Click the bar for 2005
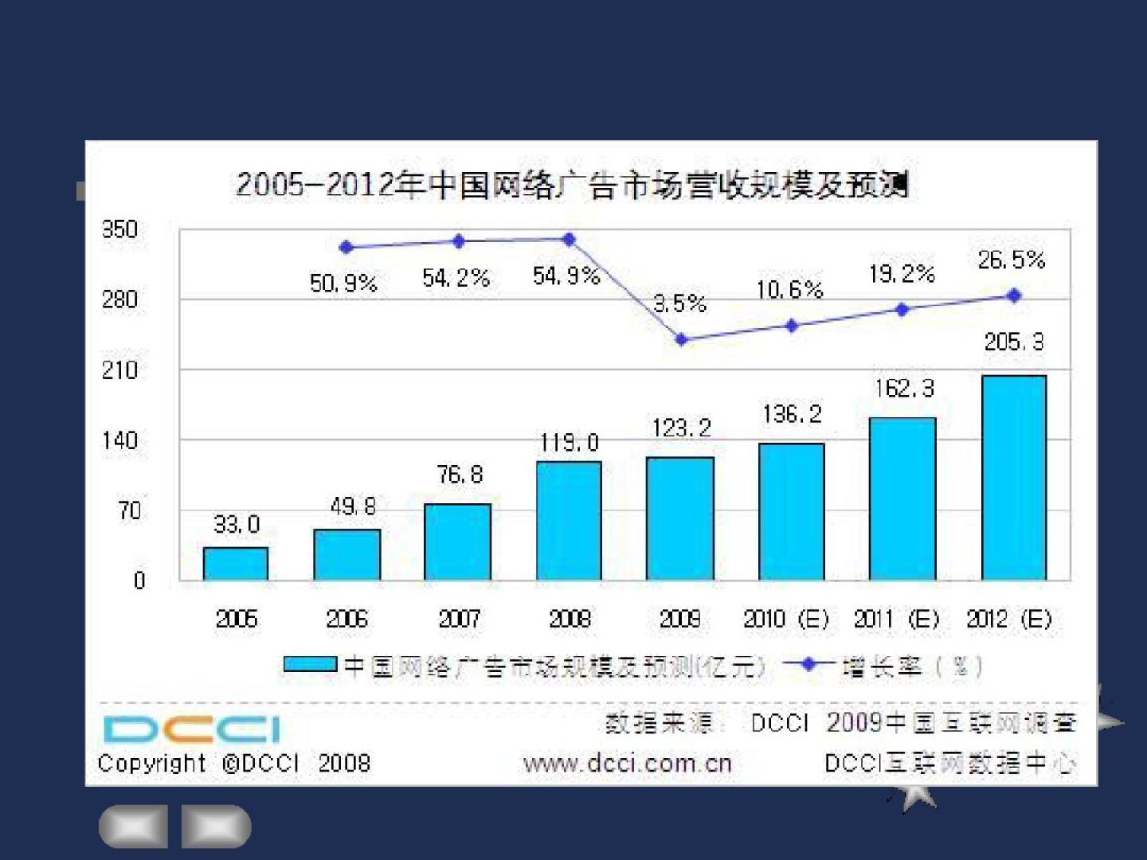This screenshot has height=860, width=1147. click(x=236, y=563)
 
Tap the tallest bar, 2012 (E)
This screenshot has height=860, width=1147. click(x=1013, y=477)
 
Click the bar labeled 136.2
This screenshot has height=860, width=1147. click(x=791, y=511)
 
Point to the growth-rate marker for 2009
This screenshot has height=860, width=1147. click(x=681, y=340)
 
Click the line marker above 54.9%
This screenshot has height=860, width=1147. click(x=569, y=239)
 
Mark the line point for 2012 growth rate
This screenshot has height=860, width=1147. click(x=1014, y=295)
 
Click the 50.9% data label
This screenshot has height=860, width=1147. click(x=343, y=283)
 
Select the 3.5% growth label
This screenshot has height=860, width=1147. click(x=680, y=303)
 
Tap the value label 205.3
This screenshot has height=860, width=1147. click(x=1014, y=342)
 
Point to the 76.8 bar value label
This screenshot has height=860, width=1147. click(x=460, y=475)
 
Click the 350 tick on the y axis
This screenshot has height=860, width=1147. click(x=119, y=230)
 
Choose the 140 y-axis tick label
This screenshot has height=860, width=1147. click(x=119, y=440)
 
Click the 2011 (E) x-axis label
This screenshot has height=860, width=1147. click(x=897, y=619)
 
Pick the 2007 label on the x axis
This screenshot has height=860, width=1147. click(x=459, y=619)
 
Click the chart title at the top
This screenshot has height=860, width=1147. click(x=572, y=186)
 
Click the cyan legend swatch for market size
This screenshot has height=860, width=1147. click(x=310, y=664)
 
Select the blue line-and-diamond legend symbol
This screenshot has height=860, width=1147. click(x=808, y=664)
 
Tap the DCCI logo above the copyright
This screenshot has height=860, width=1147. click(x=192, y=729)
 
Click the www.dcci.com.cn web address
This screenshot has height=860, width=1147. click(x=627, y=763)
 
